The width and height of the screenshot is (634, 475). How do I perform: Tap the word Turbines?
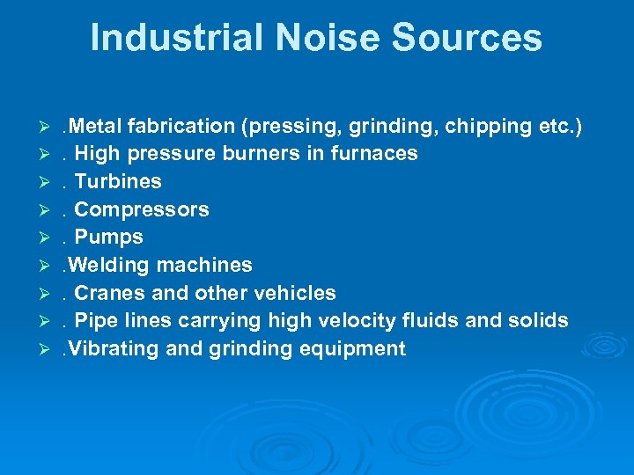(x=118, y=182)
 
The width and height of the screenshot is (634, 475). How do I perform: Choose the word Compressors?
(x=142, y=210)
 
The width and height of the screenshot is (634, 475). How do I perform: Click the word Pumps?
(x=108, y=237)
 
